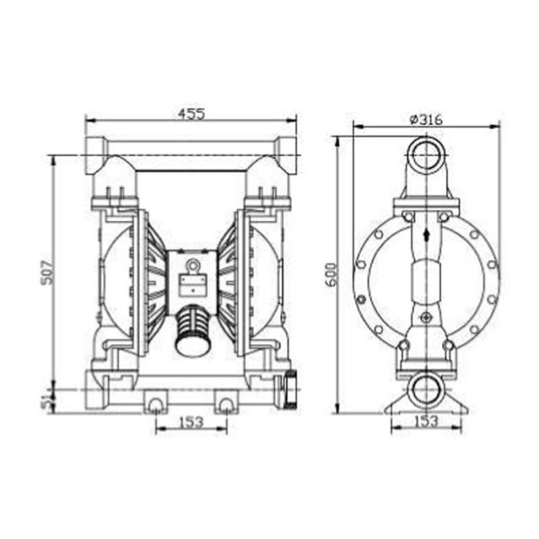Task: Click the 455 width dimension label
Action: [190, 113]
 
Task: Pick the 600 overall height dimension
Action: [330, 275]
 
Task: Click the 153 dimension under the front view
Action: [190, 420]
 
